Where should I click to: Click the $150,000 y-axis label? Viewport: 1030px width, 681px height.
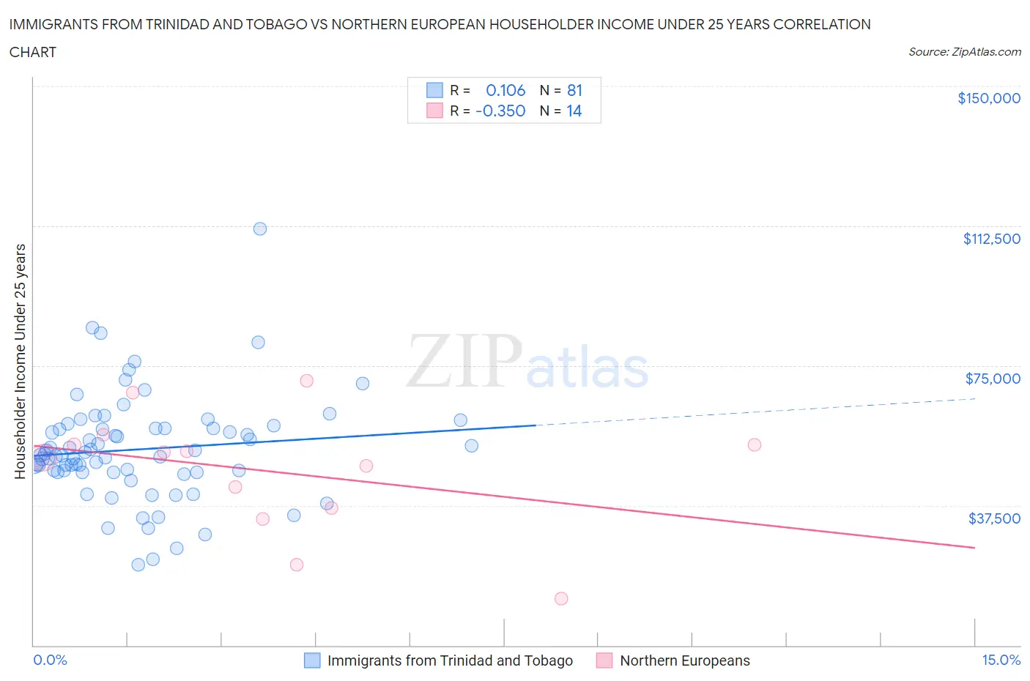coord(988,98)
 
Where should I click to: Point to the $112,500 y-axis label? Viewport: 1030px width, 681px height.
coord(991,239)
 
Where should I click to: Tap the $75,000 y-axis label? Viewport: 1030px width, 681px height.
coord(992,379)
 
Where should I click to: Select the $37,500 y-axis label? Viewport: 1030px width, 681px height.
coord(993,518)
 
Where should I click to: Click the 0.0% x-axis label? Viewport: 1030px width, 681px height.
coord(50,660)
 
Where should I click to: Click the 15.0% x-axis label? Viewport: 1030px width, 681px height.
coord(1001,660)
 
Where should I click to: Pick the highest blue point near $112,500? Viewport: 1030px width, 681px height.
coord(259,228)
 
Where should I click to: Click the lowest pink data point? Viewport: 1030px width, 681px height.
coord(561,598)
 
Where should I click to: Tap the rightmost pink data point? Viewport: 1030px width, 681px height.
coord(754,444)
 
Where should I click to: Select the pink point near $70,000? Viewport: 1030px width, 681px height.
coord(306,381)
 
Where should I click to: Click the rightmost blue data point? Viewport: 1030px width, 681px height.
coord(471,446)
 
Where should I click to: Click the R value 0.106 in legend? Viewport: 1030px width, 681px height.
coord(505,90)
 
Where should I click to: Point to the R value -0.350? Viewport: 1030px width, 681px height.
coord(500,111)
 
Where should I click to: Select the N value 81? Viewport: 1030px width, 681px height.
coord(574,90)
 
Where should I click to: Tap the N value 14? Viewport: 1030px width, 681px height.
coord(574,111)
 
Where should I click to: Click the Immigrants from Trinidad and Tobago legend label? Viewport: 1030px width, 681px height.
coord(449,660)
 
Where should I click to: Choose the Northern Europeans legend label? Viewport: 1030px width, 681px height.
coord(684,660)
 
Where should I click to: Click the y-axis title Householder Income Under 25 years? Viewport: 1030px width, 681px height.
coord(20,361)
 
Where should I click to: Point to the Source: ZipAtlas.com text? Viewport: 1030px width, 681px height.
coord(964,52)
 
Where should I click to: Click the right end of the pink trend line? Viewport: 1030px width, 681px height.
coord(974,548)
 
